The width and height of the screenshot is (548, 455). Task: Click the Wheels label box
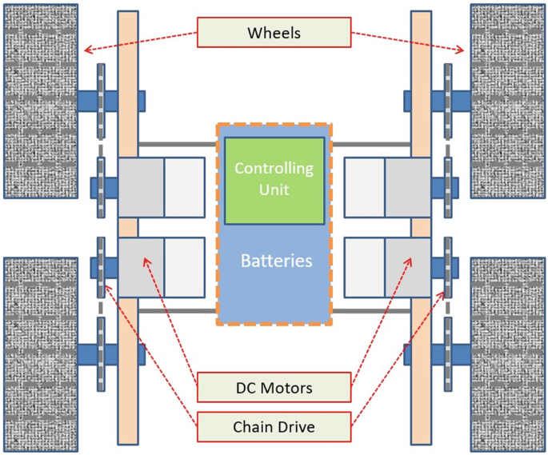pyautogui.click(x=274, y=33)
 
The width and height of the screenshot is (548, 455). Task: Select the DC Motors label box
pyautogui.click(x=274, y=388)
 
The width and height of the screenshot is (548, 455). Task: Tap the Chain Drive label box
pyautogui.click(x=274, y=427)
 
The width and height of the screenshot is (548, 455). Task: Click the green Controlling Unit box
pyautogui.click(x=274, y=181)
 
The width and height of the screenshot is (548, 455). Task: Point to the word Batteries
pyautogui.click(x=276, y=261)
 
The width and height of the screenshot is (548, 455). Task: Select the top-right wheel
pyautogui.click(x=507, y=101)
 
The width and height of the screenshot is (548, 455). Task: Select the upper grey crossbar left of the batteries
pyautogui.click(x=178, y=144)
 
